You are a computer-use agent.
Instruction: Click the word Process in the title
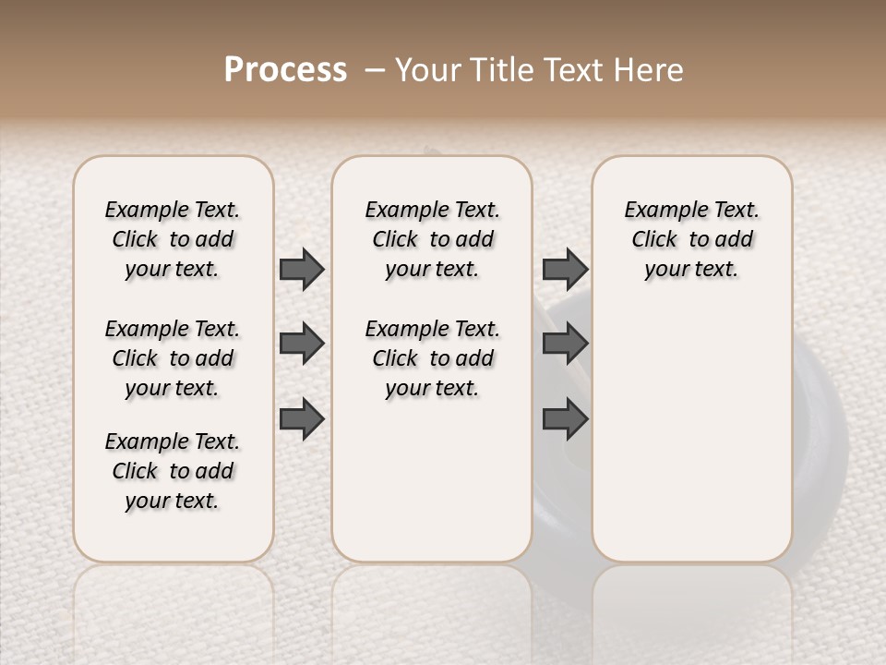click(x=285, y=70)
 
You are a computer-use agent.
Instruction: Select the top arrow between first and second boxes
click(x=302, y=269)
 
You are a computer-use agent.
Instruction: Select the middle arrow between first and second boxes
click(x=302, y=344)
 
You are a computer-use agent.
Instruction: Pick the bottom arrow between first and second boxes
click(x=302, y=418)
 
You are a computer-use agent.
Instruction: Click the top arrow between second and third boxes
click(x=565, y=269)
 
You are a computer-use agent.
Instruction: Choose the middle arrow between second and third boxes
click(x=565, y=344)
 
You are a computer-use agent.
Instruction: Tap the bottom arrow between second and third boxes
click(x=565, y=418)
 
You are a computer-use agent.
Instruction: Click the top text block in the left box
click(x=173, y=239)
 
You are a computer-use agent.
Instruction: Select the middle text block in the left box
click(x=173, y=358)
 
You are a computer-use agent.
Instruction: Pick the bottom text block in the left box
click(x=173, y=471)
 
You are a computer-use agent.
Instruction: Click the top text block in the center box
click(x=432, y=239)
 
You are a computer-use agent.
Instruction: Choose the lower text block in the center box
click(x=432, y=358)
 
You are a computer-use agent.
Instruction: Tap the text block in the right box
click(x=691, y=239)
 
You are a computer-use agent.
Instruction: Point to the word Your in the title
click(x=425, y=70)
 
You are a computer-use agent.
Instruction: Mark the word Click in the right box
click(x=654, y=239)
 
